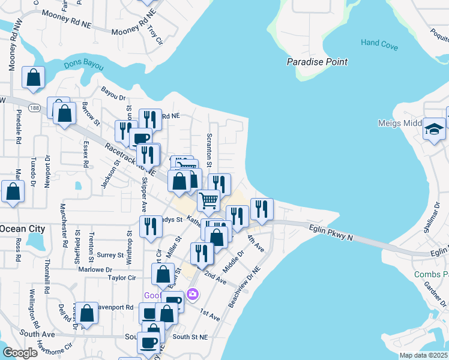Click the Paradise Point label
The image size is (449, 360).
pos(317,62)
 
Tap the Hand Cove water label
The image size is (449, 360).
pos(379,43)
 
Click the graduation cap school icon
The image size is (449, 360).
pos(434,128)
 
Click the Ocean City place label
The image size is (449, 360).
pos(22,229)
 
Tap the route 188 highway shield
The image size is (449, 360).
pos(35,108)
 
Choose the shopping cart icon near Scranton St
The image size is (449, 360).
pos(208,200)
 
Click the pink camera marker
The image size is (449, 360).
pos(193,294)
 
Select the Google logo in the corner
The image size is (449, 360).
pos(20,353)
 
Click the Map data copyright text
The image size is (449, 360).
pos(423,355)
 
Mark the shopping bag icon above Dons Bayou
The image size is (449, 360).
pos(34,78)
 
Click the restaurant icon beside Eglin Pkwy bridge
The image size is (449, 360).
pos(262,209)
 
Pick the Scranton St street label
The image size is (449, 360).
pos(209,150)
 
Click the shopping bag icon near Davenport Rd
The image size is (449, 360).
pos(87,313)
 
